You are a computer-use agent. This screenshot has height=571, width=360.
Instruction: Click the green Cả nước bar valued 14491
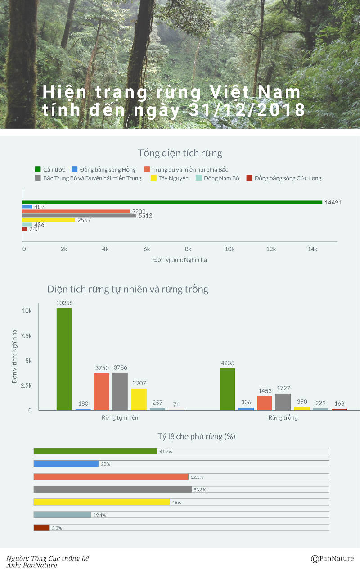172,202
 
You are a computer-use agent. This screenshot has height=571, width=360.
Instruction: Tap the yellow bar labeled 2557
49,220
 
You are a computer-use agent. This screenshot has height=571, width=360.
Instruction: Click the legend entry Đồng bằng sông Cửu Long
284,178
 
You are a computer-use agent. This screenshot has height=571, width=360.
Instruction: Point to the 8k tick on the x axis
188,249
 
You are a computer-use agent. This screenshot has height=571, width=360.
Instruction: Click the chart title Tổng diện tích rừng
180,153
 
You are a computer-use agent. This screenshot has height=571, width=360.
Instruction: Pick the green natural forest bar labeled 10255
64,359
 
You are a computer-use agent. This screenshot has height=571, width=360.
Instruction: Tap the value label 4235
227,363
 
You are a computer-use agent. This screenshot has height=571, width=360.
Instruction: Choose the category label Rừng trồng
283,417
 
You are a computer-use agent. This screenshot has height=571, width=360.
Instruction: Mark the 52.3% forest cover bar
111,476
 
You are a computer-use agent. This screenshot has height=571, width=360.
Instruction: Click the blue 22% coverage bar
66,463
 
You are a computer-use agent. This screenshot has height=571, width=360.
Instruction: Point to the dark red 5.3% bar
41,527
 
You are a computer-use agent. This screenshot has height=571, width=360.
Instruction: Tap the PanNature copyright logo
333,559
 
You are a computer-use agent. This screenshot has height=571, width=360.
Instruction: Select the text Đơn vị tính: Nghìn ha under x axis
180,260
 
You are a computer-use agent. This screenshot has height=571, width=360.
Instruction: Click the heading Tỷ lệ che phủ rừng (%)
197,436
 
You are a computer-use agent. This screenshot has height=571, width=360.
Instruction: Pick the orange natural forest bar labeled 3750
102,391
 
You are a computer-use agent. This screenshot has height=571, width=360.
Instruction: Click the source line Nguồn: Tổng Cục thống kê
48,558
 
